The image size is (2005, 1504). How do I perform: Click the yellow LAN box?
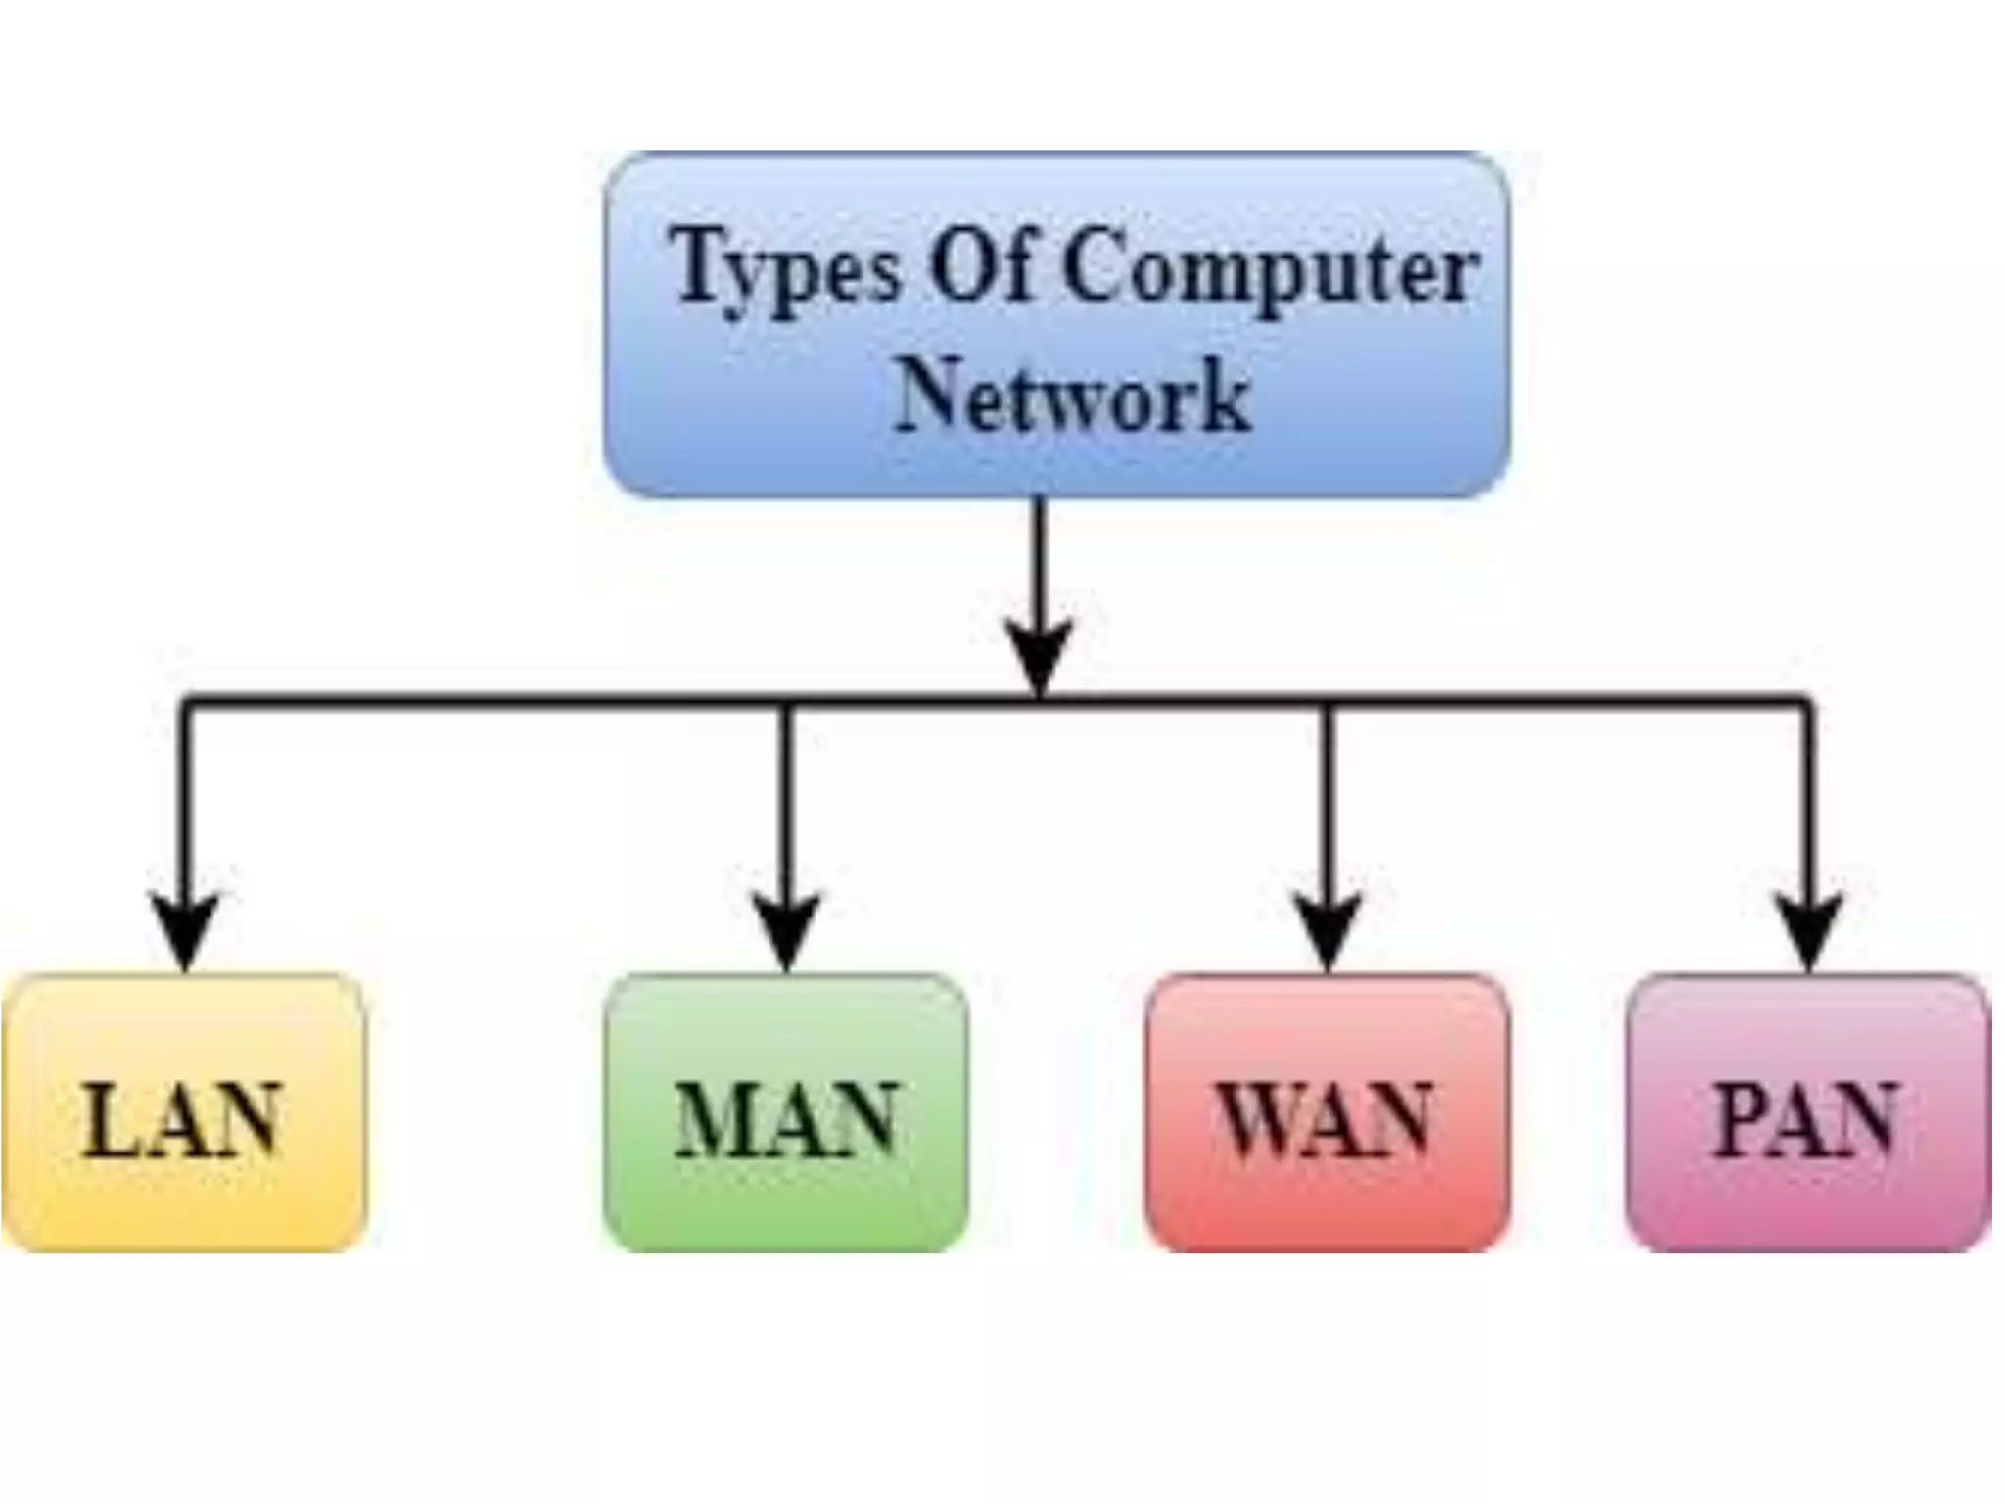click(184, 1112)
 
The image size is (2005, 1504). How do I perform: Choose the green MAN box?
click(786, 1112)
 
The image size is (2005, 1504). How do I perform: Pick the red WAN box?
click(1327, 1112)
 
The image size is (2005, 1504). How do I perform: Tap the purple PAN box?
click(1808, 1112)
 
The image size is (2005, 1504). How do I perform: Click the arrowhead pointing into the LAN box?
click(185, 930)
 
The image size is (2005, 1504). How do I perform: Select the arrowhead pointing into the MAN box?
click(787, 930)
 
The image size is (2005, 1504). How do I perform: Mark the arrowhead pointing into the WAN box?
click(1328, 930)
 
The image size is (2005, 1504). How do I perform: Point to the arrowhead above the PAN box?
click(1809, 930)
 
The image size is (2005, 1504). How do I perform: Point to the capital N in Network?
click(930, 394)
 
